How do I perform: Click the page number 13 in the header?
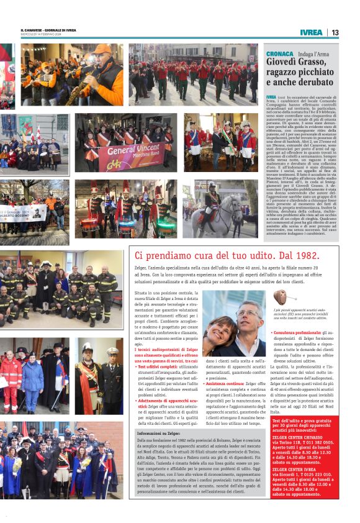(335, 32)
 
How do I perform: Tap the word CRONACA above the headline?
(278, 54)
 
